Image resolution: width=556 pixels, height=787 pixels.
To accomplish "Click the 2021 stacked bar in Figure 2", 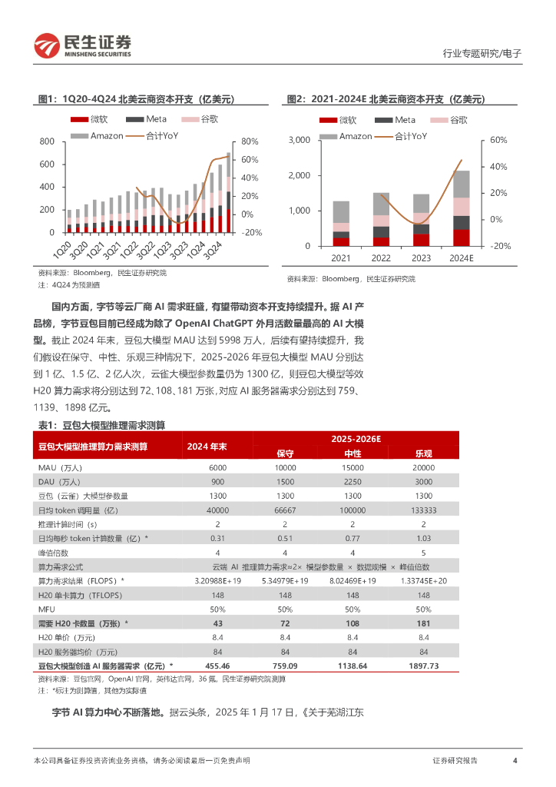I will click(341, 224).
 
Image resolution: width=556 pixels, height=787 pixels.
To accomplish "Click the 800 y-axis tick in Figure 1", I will click(47, 141).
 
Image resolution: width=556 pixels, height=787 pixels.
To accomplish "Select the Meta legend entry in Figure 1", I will click(146, 119).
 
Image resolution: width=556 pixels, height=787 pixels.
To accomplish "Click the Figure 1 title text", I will click(136, 99).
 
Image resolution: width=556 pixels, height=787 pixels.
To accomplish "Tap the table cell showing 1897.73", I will click(424, 667).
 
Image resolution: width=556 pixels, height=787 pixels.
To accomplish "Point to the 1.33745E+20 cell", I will click(424, 579).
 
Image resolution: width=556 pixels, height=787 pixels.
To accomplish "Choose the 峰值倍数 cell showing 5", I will click(424, 552).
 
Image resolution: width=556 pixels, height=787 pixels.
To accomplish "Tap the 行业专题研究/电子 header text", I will click(482, 54).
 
